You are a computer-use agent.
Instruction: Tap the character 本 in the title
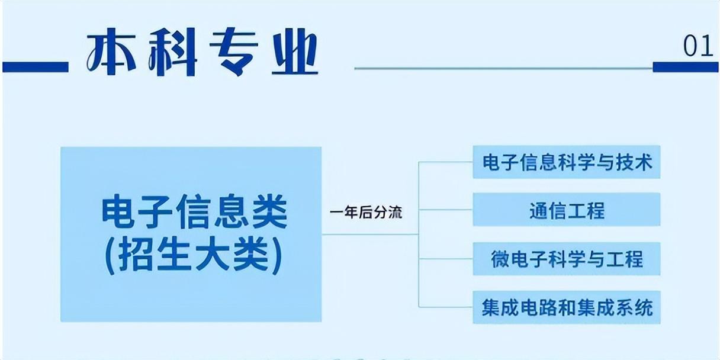(111, 51)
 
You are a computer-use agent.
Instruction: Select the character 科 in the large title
(173, 52)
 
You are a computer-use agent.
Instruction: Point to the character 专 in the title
(234, 52)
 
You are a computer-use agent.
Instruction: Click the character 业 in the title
(295, 52)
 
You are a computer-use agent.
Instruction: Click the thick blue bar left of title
(36, 67)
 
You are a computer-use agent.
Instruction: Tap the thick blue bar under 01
(685, 67)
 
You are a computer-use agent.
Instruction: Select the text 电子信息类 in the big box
(194, 212)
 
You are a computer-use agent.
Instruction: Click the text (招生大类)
(194, 256)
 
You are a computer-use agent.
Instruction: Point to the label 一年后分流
(366, 213)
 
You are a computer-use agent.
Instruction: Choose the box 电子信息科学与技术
(567, 162)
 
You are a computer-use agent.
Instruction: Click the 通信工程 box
(567, 209)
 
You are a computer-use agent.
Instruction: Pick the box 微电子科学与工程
(567, 259)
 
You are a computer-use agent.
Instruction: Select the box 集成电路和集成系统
(567, 307)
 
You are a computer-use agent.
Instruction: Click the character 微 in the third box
(500, 259)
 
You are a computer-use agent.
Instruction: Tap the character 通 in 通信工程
(539, 210)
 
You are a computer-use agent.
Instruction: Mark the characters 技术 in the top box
(634, 162)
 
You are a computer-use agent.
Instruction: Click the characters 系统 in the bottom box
(635, 308)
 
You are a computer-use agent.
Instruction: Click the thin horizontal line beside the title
(503, 68)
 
